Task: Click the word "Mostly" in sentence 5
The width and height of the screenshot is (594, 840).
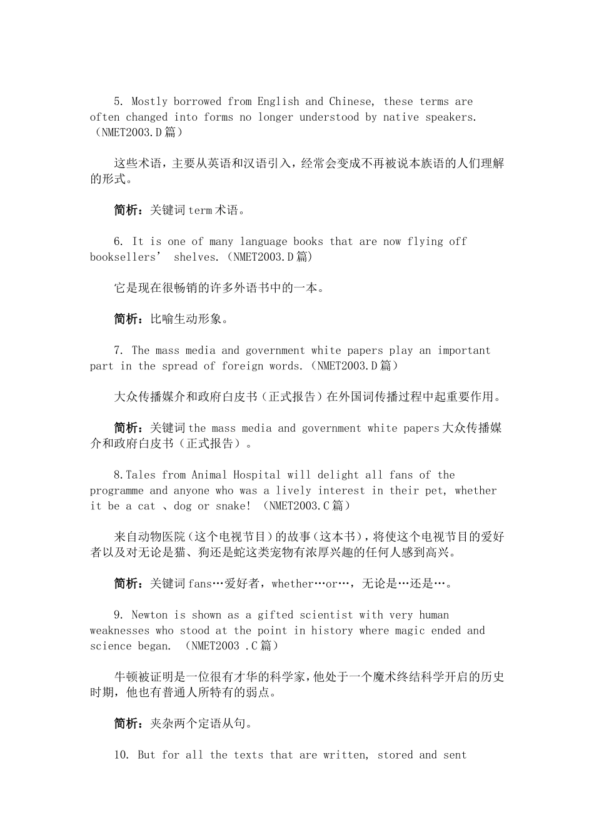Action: [149, 101]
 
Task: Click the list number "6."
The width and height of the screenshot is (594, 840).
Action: [119, 241]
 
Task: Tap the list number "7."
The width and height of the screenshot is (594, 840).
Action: [119, 351]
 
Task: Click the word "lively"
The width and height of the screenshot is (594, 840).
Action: [294, 491]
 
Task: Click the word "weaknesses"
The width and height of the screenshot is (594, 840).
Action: [119, 631]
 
